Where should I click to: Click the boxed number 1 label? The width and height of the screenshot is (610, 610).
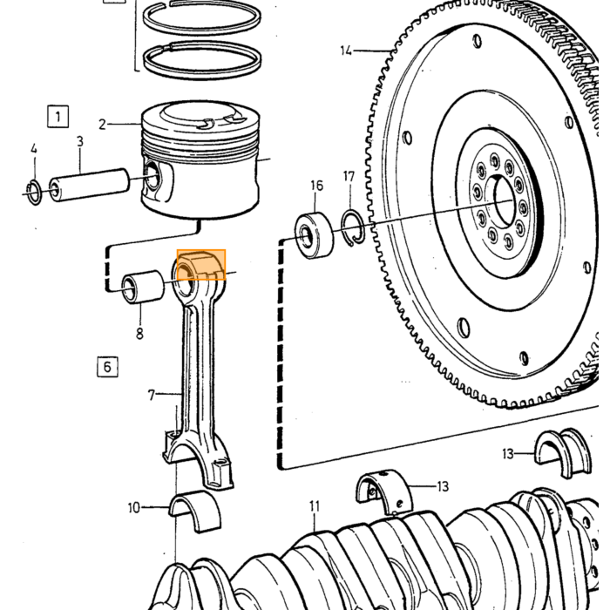point(58,116)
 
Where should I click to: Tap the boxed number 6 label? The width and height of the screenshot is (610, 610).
point(107,367)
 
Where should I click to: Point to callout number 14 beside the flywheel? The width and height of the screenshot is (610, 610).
point(346,51)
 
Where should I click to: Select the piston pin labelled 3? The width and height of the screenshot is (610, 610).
point(89,185)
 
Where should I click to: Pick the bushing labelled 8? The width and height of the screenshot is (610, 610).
point(143,287)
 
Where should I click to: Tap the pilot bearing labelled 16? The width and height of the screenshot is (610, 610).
point(315,235)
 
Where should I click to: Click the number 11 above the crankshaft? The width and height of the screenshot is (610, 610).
point(315,506)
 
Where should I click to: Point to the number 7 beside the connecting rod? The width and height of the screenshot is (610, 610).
point(152,396)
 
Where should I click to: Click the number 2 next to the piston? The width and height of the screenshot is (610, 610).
point(102,125)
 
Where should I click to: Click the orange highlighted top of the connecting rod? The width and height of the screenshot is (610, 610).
point(201,265)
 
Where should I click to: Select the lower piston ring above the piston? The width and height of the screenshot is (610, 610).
point(202,61)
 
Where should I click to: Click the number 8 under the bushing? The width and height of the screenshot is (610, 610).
point(139,334)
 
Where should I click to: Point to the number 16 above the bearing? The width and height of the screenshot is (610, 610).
point(317,186)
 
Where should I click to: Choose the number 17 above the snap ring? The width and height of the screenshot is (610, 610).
point(349,177)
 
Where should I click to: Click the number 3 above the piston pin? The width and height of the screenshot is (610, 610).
point(80,141)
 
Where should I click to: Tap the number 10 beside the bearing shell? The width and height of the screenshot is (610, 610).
point(133,508)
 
